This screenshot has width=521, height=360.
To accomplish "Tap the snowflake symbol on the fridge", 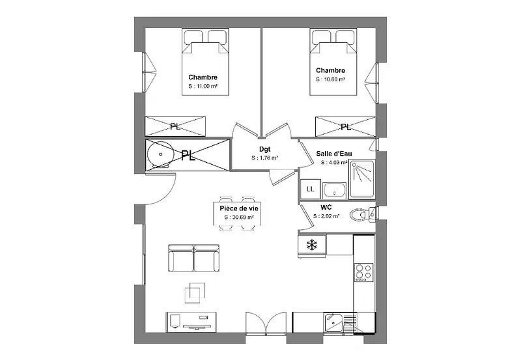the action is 312,245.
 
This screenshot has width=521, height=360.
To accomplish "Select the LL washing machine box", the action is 311,189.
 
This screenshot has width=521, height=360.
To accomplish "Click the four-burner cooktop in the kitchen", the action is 364,272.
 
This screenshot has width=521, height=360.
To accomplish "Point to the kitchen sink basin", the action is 333,322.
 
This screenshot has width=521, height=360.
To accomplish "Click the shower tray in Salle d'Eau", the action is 362,179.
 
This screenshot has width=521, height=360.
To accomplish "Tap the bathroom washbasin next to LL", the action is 334,191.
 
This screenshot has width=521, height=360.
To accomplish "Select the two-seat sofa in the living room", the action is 193,258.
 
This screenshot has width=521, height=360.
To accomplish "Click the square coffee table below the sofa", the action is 195,292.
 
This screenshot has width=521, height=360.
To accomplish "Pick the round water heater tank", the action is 160,154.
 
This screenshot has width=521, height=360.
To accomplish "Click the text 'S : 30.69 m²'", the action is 239,217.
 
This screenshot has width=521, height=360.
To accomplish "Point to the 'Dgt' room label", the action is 265,150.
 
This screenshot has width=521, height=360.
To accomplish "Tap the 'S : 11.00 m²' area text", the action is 203,87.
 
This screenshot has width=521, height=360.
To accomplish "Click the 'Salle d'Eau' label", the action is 334,154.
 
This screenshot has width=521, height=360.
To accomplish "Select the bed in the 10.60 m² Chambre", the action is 333,62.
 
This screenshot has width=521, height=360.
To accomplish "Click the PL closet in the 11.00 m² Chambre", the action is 175,126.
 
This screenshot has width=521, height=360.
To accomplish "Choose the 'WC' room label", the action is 326,208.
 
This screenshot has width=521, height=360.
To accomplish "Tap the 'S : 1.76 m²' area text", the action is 265,158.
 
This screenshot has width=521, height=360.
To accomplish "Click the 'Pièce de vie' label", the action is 239,208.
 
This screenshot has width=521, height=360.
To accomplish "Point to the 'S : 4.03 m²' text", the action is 334,163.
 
